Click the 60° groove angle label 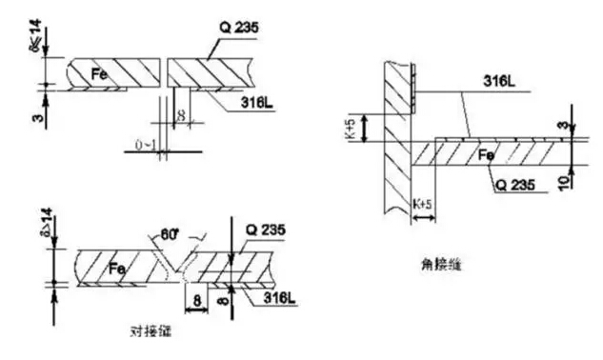click(170, 234)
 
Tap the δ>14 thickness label click(37, 229)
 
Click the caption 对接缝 click(151, 333)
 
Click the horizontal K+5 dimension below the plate click(424, 204)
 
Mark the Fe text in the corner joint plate click(486, 153)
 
